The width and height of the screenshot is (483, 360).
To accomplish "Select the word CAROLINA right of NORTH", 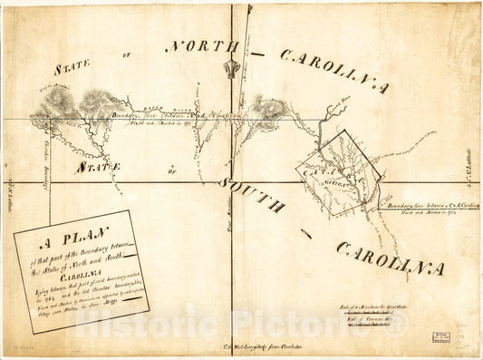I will (333, 71).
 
